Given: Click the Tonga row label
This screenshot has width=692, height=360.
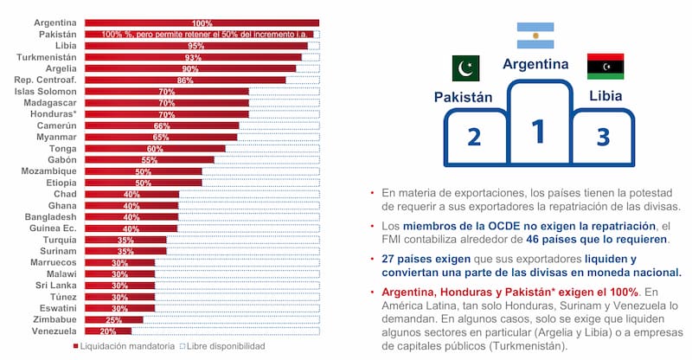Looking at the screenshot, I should point(61,148).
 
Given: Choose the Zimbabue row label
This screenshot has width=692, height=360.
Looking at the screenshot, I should point(54,319).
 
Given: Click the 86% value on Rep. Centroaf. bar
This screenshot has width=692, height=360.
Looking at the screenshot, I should point(184,80).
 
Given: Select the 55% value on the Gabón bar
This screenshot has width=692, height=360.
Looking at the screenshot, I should point(149,160).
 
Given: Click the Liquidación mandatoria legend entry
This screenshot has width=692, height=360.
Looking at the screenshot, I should point(121,346).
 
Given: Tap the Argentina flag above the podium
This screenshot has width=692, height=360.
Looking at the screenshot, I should point(535,35).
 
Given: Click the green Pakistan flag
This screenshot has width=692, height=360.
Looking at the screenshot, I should point(465,68).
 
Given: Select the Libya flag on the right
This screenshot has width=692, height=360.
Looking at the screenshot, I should point(605,66).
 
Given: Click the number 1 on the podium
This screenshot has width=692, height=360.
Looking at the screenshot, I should point(538,132).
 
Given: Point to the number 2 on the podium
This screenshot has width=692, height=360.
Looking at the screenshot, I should point(473,138).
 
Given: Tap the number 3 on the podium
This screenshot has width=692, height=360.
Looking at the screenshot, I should point(604,138).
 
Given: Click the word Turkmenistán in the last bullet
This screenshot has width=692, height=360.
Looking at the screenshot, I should point(528,346).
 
